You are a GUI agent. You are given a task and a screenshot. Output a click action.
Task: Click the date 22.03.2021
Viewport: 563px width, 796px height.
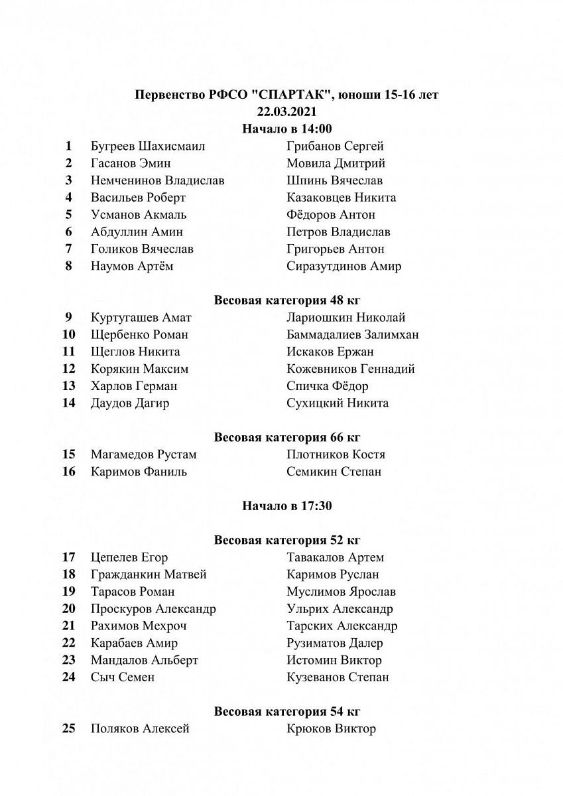click(286, 111)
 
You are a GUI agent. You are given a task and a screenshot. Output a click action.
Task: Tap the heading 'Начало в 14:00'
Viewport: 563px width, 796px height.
click(286, 129)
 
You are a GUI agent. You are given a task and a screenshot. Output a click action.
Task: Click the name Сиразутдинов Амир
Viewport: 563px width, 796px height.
click(344, 266)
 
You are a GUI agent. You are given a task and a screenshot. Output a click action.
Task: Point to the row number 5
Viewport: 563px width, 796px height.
click(68, 214)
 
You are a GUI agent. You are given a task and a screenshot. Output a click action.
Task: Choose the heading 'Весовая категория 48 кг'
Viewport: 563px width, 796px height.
click(286, 300)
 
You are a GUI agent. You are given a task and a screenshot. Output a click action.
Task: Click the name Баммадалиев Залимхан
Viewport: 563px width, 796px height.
click(352, 334)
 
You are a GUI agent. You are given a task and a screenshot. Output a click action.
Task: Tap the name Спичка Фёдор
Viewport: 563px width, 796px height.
click(327, 386)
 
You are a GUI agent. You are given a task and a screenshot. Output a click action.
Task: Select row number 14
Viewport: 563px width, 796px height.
click(68, 403)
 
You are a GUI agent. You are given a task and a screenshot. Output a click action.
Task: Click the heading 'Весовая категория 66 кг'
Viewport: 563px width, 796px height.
click(286, 437)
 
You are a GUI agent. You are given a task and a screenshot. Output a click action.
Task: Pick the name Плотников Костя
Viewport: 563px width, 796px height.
click(336, 454)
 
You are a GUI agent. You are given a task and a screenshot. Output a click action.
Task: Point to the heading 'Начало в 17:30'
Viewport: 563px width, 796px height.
click(286, 506)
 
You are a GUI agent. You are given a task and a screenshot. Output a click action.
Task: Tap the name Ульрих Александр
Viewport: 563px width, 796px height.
click(340, 609)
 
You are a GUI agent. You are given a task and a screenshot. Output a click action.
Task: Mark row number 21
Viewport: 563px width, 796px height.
click(68, 626)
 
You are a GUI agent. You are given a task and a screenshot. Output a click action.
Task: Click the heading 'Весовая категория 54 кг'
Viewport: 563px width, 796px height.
click(286, 712)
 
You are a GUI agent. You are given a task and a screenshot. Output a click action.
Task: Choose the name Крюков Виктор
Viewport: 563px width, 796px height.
click(331, 729)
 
